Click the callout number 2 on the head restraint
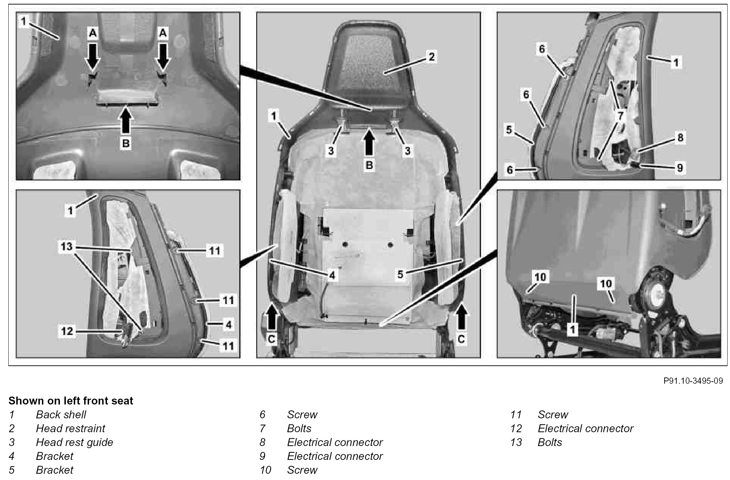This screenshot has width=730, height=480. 431,56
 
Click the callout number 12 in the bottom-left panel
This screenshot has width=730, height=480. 67,331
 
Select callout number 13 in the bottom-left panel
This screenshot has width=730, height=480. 66,246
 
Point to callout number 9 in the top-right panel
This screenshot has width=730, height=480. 680,168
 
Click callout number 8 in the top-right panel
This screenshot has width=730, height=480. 680,137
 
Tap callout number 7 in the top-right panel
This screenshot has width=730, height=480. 620,116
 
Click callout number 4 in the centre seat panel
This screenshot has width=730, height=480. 332,275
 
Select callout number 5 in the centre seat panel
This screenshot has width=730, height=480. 400,275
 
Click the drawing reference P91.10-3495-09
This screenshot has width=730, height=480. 693,381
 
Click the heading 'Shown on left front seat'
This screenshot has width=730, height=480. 71,401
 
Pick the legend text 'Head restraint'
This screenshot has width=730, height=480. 70,428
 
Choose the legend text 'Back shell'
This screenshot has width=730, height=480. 61,415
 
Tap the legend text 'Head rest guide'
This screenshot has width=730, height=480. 74,442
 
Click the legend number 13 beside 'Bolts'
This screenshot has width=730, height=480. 516,442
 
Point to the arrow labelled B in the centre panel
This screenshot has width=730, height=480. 370,142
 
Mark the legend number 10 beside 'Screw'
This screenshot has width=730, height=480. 265,470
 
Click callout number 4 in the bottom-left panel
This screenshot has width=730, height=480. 228,325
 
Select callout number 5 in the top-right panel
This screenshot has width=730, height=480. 509,130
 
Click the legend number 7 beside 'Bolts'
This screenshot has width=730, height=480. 262,428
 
